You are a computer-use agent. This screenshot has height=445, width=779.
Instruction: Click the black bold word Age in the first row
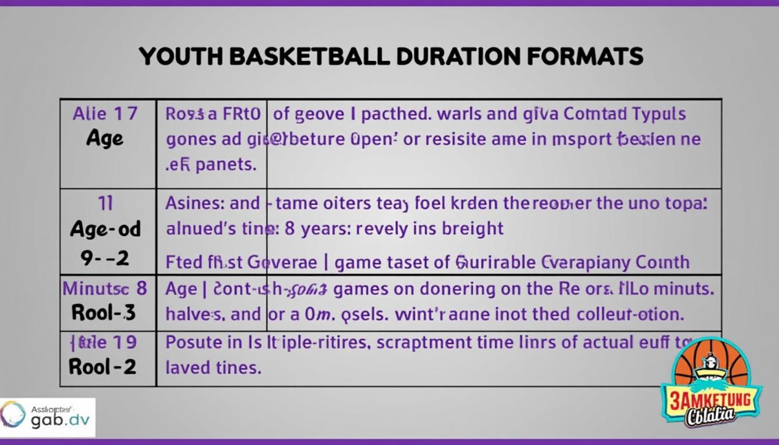point(105,138)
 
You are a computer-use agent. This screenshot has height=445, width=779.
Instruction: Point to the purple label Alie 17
point(105,114)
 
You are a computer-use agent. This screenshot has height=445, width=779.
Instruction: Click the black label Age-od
point(105,229)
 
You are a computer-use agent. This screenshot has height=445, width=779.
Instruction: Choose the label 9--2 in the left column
point(105,258)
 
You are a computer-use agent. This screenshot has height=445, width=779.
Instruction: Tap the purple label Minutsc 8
point(105,288)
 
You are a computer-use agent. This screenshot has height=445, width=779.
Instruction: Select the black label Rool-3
point(104,313)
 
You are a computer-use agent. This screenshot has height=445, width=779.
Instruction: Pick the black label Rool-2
point(103,366)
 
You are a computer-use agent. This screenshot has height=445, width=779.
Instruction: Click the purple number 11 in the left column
point(105,203)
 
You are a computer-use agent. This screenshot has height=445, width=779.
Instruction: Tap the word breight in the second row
point(472,228)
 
